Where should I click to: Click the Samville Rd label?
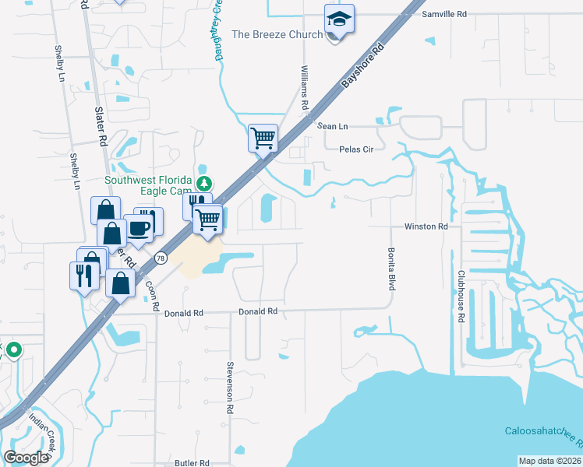443,14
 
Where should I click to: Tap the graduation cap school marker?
339,18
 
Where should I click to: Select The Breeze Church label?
277,34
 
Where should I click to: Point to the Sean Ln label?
332,126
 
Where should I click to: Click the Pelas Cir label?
352,149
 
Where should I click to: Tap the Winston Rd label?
426,226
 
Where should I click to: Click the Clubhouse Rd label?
461,297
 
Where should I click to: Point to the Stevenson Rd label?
231,387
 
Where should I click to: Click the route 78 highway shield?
161,258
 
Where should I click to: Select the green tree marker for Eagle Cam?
204,184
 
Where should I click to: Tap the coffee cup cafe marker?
140,227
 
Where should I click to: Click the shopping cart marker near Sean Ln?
263,139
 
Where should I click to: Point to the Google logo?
26,458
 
